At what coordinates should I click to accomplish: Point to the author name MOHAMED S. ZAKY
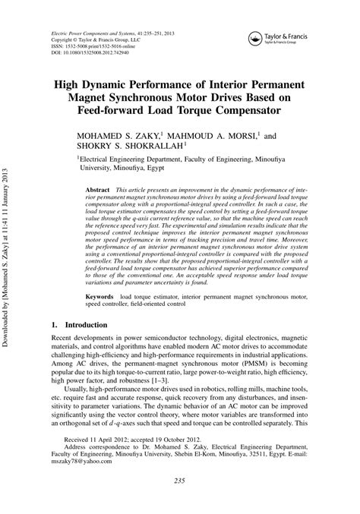(x=114, y=139)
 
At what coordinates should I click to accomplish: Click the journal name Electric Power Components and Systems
(x=99, y=35)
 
